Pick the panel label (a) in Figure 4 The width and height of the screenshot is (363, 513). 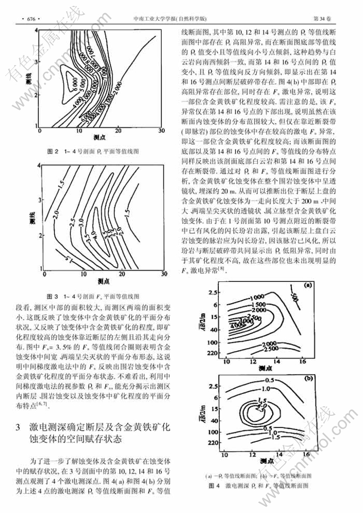click(307, 285)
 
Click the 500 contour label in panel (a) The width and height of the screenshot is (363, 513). click(293, 296)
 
